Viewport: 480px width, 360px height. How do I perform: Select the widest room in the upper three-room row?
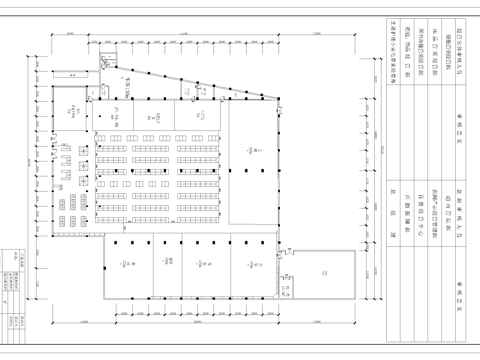199,117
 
